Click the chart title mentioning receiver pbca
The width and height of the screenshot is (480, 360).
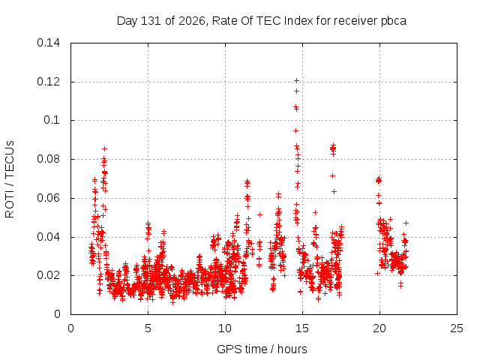pyautogui.click(x=262, y=21)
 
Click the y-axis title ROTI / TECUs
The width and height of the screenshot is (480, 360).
pyautogui.click(x=10, y=179)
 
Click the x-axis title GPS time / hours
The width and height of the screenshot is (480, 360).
pyautogui.click(x=262, y=349)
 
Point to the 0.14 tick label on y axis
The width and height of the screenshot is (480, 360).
pyautogui.click(x=48, y=43)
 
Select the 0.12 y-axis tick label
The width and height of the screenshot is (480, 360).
pyautogui.click(x=48, y=82)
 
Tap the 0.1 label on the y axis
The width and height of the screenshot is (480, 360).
pyautogui.click(x=52, y=120)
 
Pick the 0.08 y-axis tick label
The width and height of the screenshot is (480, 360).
pyautogui.click(x=48, y=159)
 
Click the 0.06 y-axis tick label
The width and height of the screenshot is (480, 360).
pyautogui.click(x=48, y=198)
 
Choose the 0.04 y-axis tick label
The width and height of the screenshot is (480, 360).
pyautogui.click(x=48, y=237)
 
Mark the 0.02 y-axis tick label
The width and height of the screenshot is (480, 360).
pyautogui.click(x=48, y=275)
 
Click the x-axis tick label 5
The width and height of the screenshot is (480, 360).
pyautogui.click(x=148, y=328)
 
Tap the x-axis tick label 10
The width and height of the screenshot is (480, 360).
pyautogui.click(x=225, y=328)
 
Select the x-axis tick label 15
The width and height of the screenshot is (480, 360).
pyautogui.click(x=302, y=328)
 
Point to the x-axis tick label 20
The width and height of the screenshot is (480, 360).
pyautogui.click(x=379, y=328)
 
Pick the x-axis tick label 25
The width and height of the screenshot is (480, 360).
pyautogui.click(x=457, y=328)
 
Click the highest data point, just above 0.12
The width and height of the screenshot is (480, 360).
pyautogui.click(x=296, y=80)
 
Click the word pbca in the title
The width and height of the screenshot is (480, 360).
pyautogui.click(x=394, y=22)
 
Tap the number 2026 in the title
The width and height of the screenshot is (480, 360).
pyautogui.click(x=192, y=21)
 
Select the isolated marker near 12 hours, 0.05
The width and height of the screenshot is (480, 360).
pyautogui.click(x=260, y=215)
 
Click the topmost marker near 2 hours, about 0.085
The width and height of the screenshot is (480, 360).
pyautogui.click(x=104, y=148)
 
